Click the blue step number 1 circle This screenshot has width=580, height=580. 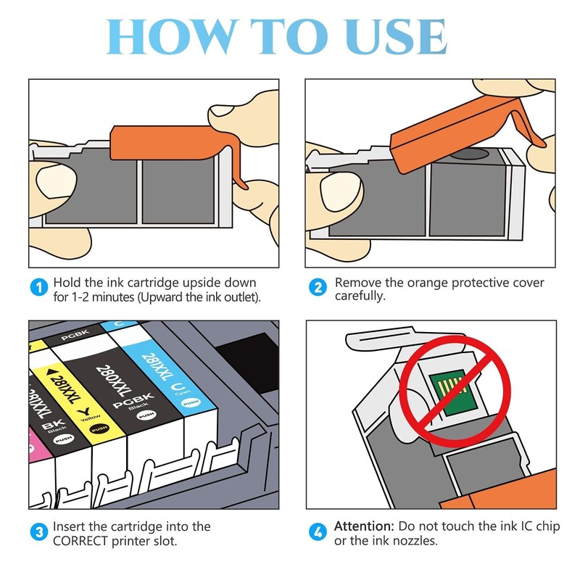[39, 287]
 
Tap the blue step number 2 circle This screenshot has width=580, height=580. [318, 287]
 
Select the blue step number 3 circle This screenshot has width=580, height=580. [39, 532]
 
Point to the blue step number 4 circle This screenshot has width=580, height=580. [318, 532]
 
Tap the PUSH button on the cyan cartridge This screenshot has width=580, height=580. [191, 402]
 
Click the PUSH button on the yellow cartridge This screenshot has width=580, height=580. [99, 428]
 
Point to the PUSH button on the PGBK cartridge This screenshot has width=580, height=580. [146, 415]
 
